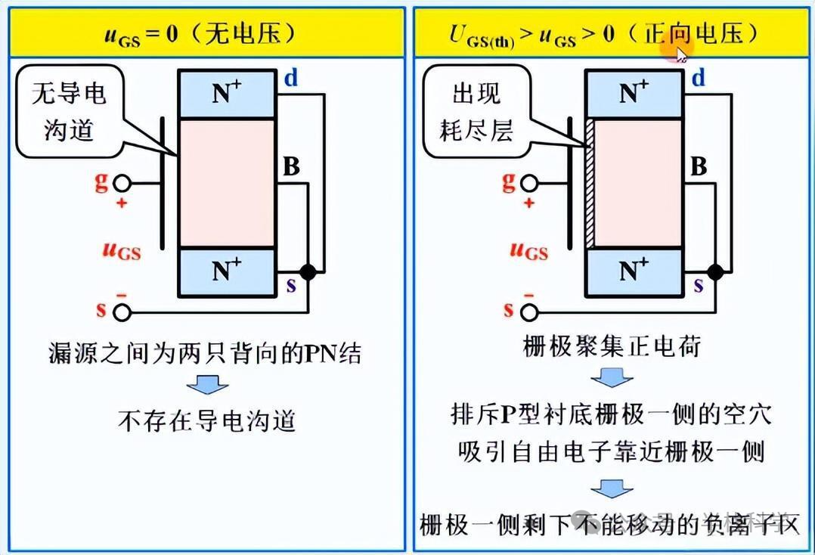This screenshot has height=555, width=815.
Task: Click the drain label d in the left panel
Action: pyautogui.click(x=291, y=78)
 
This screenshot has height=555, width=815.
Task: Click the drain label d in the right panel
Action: pyautogui.click(x=698, y=78)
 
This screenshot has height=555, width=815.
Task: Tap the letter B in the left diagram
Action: pyautogui.click(x=291, y=166)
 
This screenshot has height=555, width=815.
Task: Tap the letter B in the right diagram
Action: pyautogui.click(x=699, y=166)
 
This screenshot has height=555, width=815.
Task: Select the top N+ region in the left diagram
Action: pyautogui.click(x=226, y=94)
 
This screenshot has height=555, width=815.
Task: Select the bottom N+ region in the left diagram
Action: pyautogui.click(x=226, y=271)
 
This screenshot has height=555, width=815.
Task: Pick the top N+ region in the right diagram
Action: pyautogui.click(x=634, y=94)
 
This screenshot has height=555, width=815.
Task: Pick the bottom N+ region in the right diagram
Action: pyautogui.click(x=634, y=271)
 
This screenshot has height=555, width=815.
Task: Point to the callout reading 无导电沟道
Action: pyautogui.click(x=68, y=112)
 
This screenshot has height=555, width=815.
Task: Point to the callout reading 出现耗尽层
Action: pyautogui.click(x=476, y=112)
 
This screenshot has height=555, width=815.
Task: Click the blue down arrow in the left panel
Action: pyautogui.click(x=207, y=383)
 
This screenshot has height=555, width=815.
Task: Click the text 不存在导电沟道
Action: pyautogui.click(x=206, y=420)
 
